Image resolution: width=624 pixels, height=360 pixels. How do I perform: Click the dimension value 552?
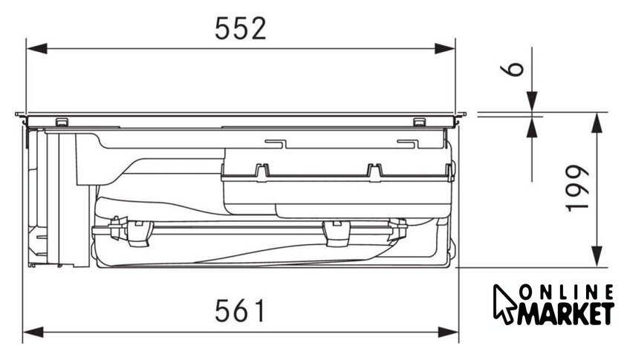tap(241, 29)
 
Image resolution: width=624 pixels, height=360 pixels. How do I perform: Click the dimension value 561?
tap(239, 311)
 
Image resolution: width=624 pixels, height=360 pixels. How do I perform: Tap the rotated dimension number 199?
tap(577, 187)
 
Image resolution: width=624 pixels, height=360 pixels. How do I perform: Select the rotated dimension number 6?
tap(512, 68)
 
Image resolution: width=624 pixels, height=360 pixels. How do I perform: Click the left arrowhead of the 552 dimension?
tap(36, 49)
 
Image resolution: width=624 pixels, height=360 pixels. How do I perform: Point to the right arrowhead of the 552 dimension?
tap(445, 49)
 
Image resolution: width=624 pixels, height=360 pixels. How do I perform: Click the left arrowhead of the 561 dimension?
tap(33, 332)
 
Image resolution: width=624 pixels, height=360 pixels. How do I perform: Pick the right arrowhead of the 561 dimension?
tap(448, 332)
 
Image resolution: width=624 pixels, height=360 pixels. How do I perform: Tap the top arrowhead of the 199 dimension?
tap(596, 122)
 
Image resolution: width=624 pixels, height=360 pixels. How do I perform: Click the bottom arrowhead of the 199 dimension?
tap(596, 257)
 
